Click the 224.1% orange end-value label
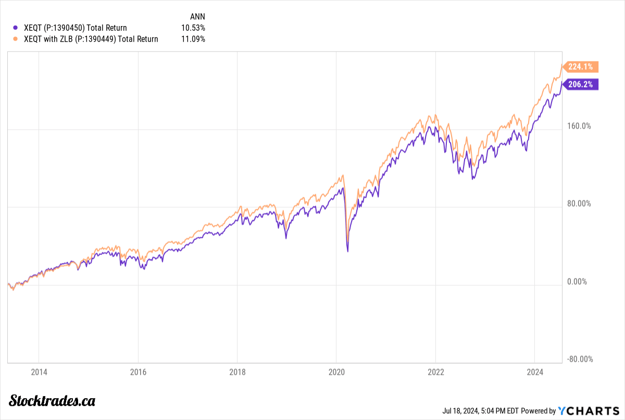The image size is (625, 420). (581, 67)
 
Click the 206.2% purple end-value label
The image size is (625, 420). (581, 84)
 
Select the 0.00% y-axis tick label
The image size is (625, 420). (577, 282)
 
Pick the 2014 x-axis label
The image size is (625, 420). (39, 372)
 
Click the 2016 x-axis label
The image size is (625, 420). (137, 372)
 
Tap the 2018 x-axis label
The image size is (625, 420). (237, 372)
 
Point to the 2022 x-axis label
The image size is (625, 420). (435, 372)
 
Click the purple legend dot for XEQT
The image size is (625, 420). (15, 28)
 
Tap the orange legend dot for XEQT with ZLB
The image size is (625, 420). (15, 39)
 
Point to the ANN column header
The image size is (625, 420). (197, 17)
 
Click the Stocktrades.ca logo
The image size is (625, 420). (53, 400)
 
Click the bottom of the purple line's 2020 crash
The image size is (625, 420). (347, 252)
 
